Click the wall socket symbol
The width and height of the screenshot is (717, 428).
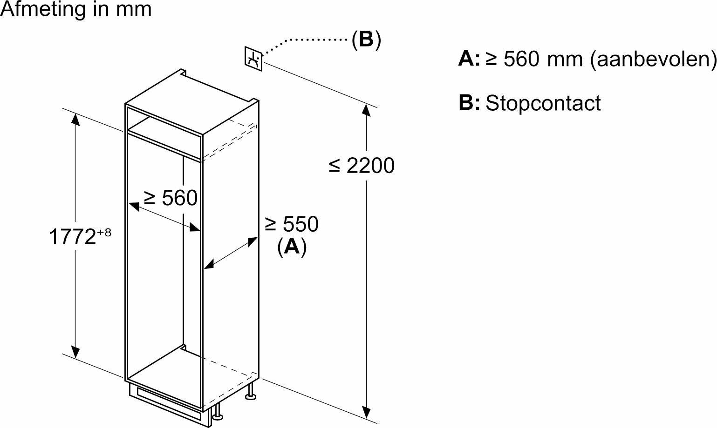(x=253, y=59)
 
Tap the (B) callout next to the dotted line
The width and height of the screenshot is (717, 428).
(x=366, y=40)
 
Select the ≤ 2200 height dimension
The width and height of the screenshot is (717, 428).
(x=362, y=166)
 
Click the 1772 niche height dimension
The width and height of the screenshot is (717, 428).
(x=73, y=237)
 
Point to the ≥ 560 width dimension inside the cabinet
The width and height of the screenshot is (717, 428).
(x=171, y=198)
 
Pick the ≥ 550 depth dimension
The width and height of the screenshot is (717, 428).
(x=292, y=224)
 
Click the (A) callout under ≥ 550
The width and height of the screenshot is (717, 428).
(x=292, y=246)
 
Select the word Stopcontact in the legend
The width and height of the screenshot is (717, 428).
(x=543, y=103)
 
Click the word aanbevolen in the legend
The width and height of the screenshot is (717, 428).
(x=652, y=59)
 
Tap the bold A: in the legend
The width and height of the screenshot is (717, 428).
(x=469, y=59)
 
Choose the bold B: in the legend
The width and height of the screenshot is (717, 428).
(x=469, y=103)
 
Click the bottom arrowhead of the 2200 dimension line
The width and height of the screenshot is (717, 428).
(x=367, y=412)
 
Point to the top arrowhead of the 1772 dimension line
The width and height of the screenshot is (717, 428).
(x=75, y=119)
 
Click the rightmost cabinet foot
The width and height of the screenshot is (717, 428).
(x=251, y=395)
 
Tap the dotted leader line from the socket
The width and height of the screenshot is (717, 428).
(x=307, y=40)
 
